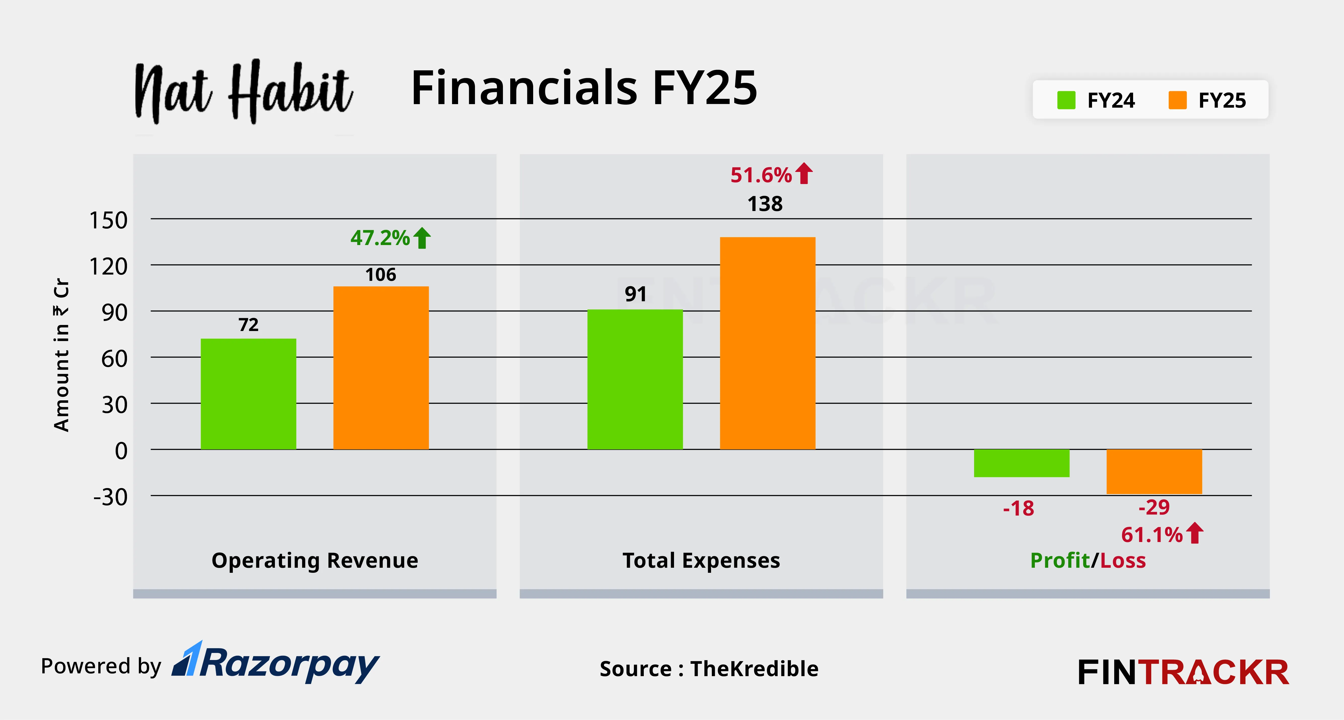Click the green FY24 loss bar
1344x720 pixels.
pos(1021,463)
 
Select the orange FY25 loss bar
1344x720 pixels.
pos(1154,471)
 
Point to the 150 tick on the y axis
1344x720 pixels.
pos(109,220)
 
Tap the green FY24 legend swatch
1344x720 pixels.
pos(1066,100)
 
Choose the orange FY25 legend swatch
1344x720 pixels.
pos(1177,100)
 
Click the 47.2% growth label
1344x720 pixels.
pos(380,238)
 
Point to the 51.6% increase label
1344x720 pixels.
pos(761,175)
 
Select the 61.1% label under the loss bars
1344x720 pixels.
pos(1152,535)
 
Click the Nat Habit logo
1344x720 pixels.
pos(243,93)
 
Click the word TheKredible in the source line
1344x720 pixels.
pos(754,669)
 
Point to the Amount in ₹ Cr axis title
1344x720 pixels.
pos(61,355)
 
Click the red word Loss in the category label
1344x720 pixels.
pos(1123,561)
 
